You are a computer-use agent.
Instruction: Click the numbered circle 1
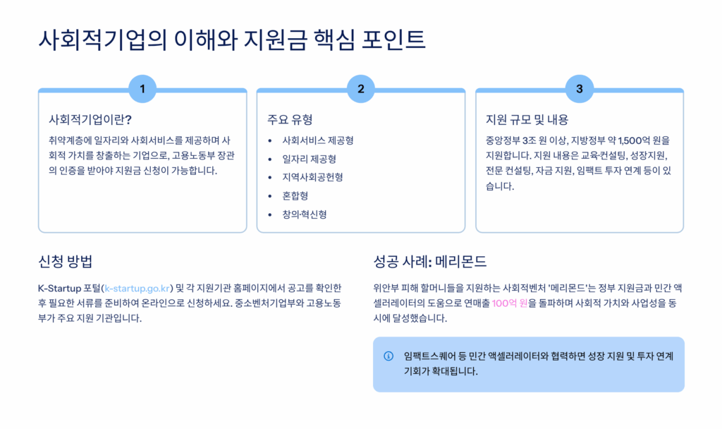[142, 89]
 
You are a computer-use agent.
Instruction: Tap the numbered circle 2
[361, 89]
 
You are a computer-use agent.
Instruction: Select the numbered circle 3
[580, 89]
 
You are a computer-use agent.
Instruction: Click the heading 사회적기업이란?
[90, 119]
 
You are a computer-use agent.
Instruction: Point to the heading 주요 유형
[290, 119]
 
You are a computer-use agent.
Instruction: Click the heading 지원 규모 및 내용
[527, 119]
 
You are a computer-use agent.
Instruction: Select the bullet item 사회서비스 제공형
[317, 140]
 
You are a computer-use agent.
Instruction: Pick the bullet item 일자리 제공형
[309, 159]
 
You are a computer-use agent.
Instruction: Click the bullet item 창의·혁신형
[304, 214]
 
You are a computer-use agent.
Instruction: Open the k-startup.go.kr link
[139, 288]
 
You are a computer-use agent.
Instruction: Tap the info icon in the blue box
[388, 356]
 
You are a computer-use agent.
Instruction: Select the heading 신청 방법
[65, 261]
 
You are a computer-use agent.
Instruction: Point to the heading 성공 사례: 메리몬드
[429, 261]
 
